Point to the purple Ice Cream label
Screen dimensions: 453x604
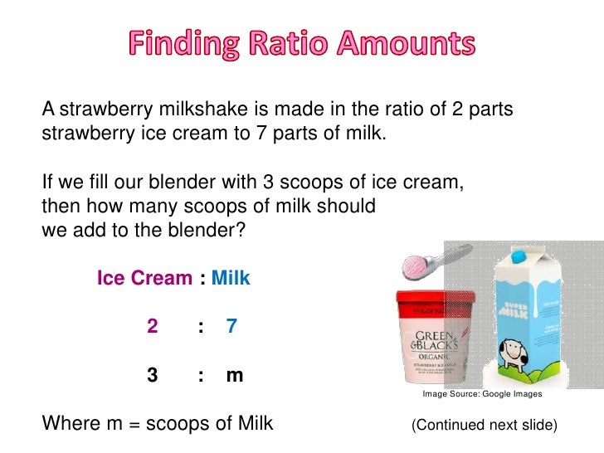click(x=144, y=278)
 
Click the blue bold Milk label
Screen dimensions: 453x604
click(x=231, y=278)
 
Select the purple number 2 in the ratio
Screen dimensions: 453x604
click(x=153, y=326)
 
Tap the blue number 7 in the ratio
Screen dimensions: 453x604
click(x=231, y=326)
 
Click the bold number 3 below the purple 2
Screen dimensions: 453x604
click(x=153, y=375)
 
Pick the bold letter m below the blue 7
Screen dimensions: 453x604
click(x=234, y=376)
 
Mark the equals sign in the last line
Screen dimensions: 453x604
click(x=134, y=424)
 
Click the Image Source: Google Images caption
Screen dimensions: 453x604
click(x=482, y=395)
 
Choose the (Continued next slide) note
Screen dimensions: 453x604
click(x=485, y=425)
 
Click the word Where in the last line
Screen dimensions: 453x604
click(x=69, y=424)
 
